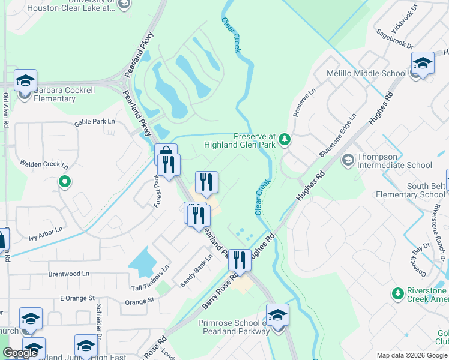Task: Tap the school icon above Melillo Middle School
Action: coord(423,64)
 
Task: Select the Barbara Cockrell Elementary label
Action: coord(64,94)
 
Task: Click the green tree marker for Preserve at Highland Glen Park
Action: coord(285,140)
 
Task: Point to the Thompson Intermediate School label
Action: coord(394,161)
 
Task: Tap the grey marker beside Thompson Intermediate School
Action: coord(348,160)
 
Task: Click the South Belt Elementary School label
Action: coord(409,190)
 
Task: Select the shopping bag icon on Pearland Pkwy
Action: coord(166,154)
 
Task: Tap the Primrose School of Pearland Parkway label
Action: coord(233,326)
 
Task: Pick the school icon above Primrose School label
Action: coord(277,315)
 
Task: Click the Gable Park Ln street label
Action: coord(94,122)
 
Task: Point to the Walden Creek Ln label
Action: coord(44,164)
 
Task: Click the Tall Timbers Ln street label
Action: coord(151,278)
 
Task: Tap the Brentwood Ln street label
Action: coord(69,274)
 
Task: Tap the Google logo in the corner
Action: coord(20,353)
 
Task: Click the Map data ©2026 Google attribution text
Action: coord(411,355)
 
